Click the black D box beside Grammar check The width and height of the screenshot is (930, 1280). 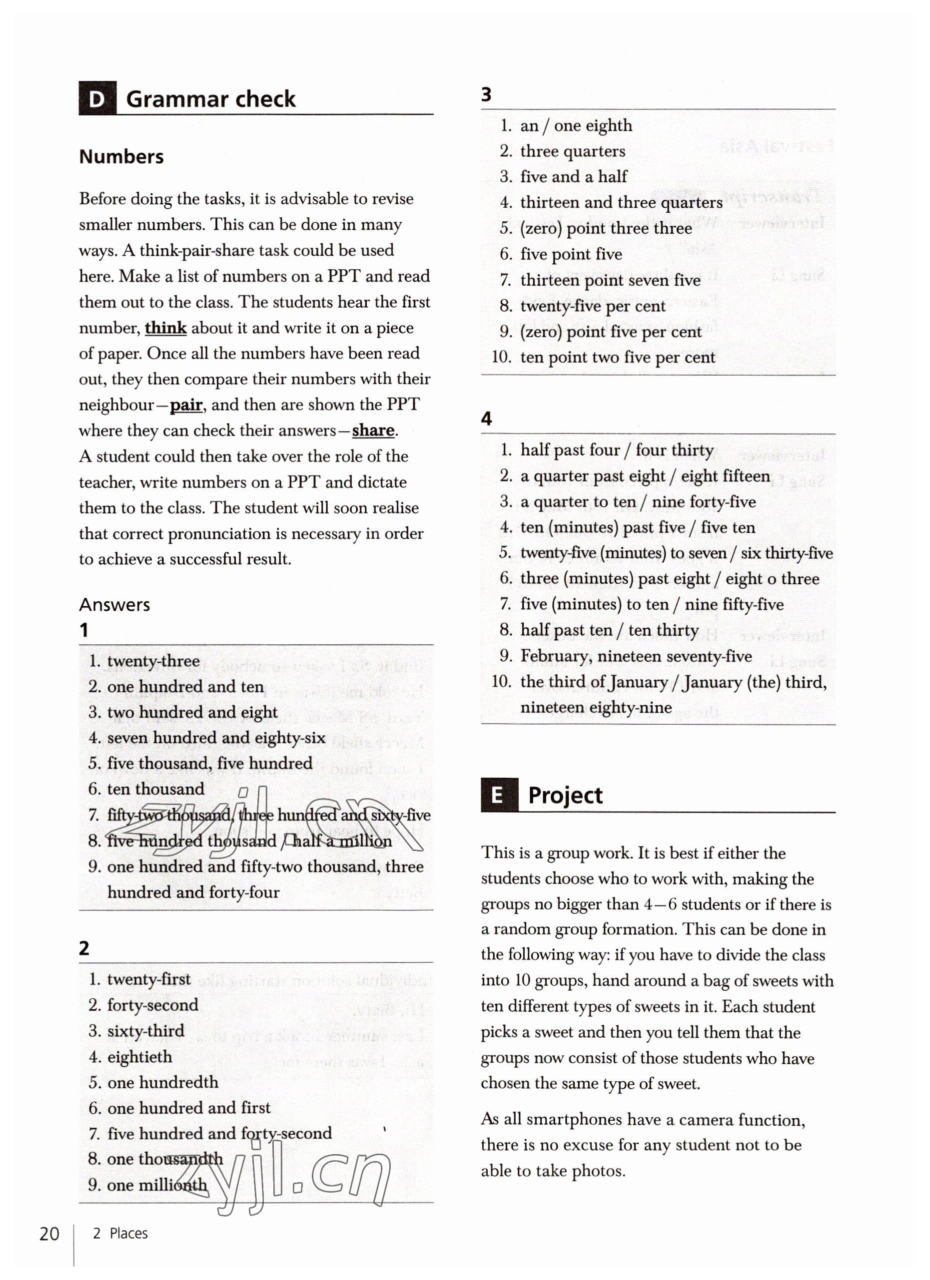pyautogui.click(x=97, y=99)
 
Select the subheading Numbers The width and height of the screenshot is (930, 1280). pyautogui.click(x=121, y=156)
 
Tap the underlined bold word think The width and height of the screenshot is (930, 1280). pyautogui.click(x=165, y=328)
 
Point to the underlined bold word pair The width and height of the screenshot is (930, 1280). pyautogui.click(x=186, y=405)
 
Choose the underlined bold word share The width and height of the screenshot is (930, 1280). pyautogui.click(x=373, y=430)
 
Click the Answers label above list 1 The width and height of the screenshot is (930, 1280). pyautogui.click(x=114, y=604)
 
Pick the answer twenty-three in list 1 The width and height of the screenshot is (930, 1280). pyautogui.click(x=153, y=661)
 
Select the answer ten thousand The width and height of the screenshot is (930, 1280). pyautogui.click(x=156, y=789)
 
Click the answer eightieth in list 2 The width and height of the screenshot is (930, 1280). pyautogui.click(x=139, y=1056)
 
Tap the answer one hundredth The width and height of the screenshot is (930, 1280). pyautogui.click(x=162, y=1082)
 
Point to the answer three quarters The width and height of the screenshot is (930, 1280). pyautogui.click(x=573, y=151)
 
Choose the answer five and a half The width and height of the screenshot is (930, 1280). pyautogui.click(x=573, y=177)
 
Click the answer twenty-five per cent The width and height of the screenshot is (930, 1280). pyautogui.click(x=593, y=306)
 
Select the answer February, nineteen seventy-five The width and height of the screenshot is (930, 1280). pyautogui.click(x=636, y=656)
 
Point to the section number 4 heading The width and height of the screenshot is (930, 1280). pyautogui.click(x=486, y=418)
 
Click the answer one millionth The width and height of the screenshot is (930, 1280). pyautogui.click(x=157, y=1185)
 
